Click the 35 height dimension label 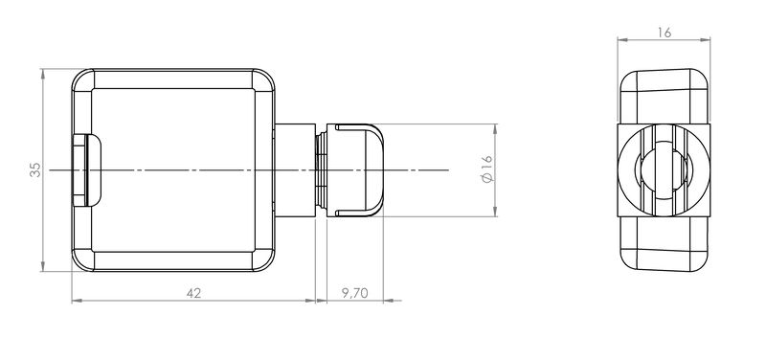35,170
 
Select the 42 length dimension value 193,293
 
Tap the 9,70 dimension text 354,293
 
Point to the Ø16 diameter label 488,169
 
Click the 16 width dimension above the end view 664,33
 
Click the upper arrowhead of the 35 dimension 43,74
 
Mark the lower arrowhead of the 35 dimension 43,267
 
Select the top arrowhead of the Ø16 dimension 495,129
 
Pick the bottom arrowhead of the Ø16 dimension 495,211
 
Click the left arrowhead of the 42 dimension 77,301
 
